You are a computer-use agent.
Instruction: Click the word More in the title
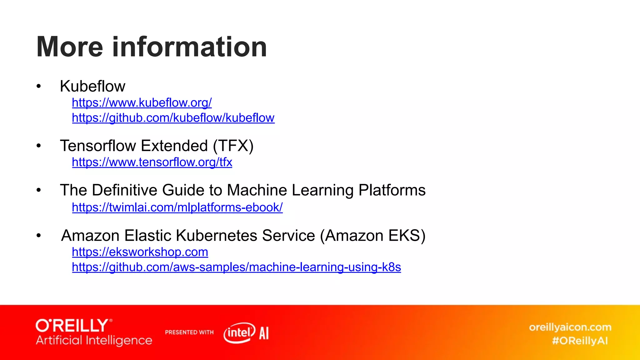pyautogui.click(x=69, y=47)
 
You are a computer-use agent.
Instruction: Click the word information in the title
pyautogui.click(x=189, y=47)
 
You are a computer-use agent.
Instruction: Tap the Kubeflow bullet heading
pyautogui.click(x=92, y=86)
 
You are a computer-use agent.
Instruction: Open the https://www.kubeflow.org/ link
pyautogui.click(x=142, y=102)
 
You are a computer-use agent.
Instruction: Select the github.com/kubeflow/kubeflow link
pyautogui.click(x=173, y=118)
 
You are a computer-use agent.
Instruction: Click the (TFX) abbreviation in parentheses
pyautogui.click(x=233, y=146)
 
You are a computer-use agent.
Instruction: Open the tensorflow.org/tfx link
pyautogui.click(x=152, y=162)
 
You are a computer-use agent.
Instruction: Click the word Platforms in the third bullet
pyautogui.click(x=392, y=190)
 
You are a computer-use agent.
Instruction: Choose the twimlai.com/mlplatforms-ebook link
pyautogui.click(x=177, y=207)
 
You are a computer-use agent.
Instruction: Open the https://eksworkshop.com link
pyautogui.click(x=140, y=252)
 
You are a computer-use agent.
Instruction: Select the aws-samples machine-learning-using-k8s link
pyautogui.click(x=236, y=267)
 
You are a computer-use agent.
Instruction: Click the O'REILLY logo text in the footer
pyautogui.click(x=72, y=326)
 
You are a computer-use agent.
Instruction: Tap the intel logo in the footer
pyautogui.click(x=239, y=332)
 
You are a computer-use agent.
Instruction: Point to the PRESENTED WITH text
pyautogui.click(x=189, y=332)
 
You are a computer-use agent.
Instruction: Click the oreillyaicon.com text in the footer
pyautogui.click(x=570, y=327)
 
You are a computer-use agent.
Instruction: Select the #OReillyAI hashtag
pyautogui.click(x=580, y=341)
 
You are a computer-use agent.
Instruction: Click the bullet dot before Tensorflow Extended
pyautogui.click(x=38, y=146)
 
